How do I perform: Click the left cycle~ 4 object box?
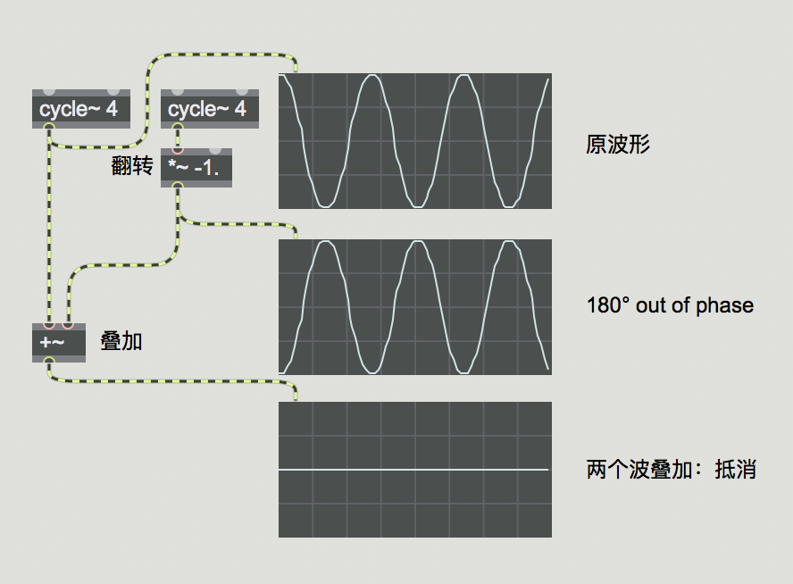[x=81, y=109]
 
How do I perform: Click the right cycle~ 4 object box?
[x=210, y=109]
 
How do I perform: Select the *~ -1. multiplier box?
[x=196, y=168]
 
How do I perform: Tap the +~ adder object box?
[x=59, y=343]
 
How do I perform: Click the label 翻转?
[x=132, y=166]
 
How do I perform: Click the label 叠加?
[x=121, y=341]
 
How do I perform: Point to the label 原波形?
[x=618, y=144]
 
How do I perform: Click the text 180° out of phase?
[x=670, y=306]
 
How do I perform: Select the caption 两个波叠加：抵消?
[x=672, y=470]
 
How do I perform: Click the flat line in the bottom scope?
[x=413, y=470]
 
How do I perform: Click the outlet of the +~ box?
[x=49, y=361]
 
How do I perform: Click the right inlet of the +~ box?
[x=68, y=325]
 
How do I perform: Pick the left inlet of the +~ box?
[x=49, y=325]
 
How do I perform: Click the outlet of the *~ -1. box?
[x=178, y=186]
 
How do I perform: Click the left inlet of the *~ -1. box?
[x=178, y=150]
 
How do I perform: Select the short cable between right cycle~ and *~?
[x=178, y=138]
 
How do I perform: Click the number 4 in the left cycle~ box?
[x=112, y=109]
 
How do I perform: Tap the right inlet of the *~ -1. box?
[x=215, y=150]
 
